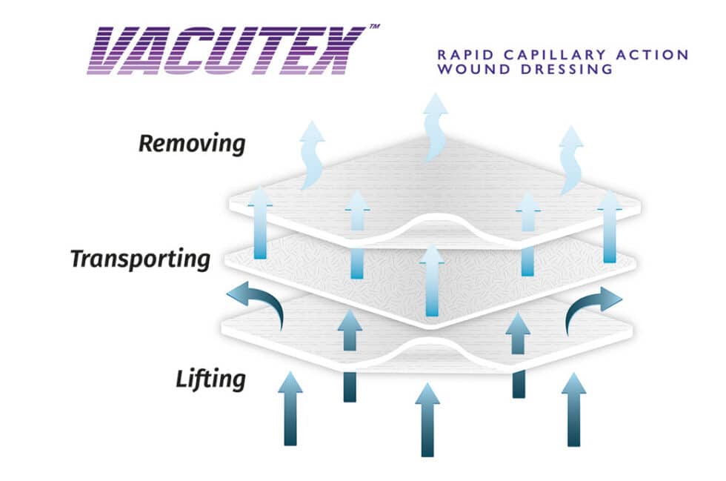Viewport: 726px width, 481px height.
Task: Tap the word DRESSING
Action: pos(571,70)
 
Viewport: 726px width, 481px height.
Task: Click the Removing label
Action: pos(191,143)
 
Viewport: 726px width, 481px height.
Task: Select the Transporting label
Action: pos(140,259)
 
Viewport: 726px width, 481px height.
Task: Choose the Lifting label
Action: pos(210,379)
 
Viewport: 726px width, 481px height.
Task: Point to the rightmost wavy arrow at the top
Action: pos(571,158)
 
